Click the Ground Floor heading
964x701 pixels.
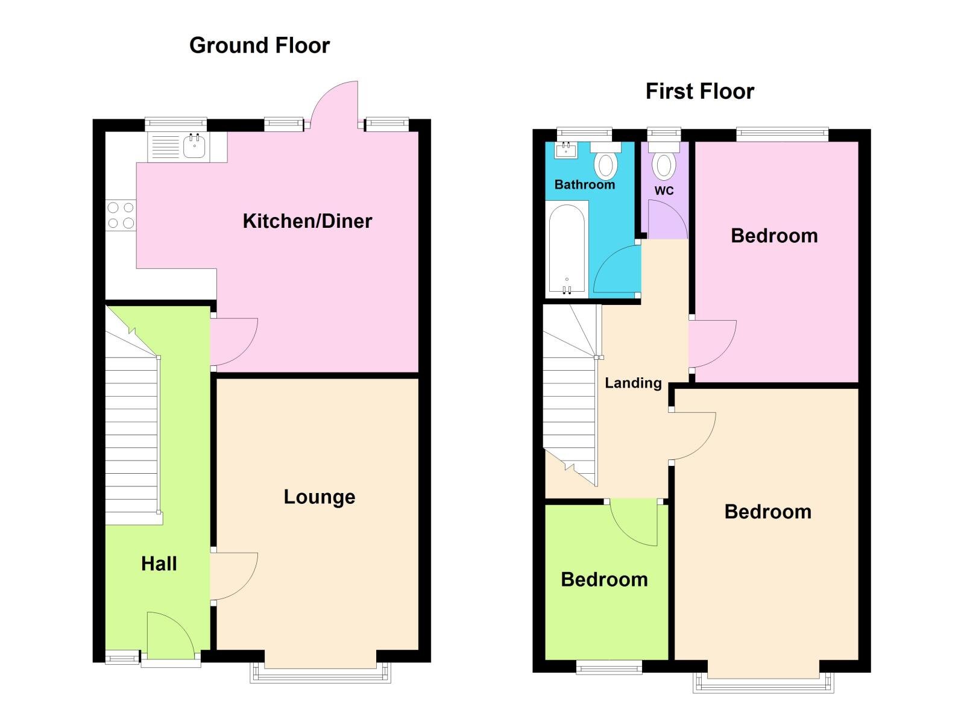(x=259, y=46)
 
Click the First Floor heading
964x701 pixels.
(x=699, y=92)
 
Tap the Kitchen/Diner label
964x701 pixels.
(x=307, y=221)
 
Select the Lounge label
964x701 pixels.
(x=319, y=497)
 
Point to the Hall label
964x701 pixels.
(x=159, y=564)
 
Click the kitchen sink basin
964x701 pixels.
(x=194, y=146)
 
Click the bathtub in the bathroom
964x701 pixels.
(x=567, y=248)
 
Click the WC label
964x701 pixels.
(x=664, y=191)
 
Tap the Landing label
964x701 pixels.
(x=633, y=383)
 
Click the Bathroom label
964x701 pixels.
(x=584, y=185)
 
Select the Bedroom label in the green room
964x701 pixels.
(x=604, y=580)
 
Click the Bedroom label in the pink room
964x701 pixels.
(x=774, y=236)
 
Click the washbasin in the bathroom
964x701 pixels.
(x=565, y=149)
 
